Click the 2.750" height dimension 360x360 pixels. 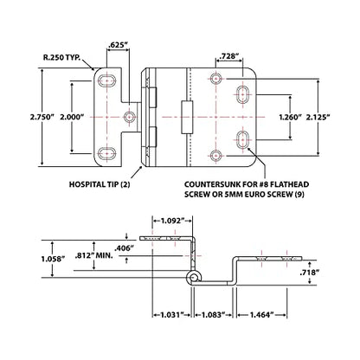(x=42, y=117)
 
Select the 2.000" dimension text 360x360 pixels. (x=72, y=117)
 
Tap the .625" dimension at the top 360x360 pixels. (x=118, y=45)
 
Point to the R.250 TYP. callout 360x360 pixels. (x=61, y=57)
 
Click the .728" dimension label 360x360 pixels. (x=229, y=57)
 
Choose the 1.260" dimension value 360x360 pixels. (x=290, y=117)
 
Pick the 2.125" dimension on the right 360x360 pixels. (x=318, y=117)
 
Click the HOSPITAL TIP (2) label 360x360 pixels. (x=100, y=184)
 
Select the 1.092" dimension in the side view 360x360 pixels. (x=172, y=221)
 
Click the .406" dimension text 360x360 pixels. (x=125, y=248)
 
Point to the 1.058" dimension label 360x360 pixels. (x=52, y=259)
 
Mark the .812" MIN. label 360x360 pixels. (x=93, y=255)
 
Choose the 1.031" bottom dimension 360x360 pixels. (x=172, y=314)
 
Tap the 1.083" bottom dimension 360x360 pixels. (x=213, y=314)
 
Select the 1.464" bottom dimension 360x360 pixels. (x=261, y=314)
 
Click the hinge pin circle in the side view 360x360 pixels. (x=193, y=278)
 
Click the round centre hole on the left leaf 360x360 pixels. (x=130, y=117)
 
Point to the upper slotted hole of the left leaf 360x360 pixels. (x=106, y=80)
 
